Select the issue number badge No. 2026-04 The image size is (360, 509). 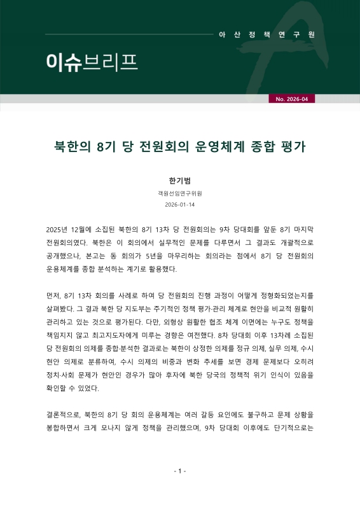291,99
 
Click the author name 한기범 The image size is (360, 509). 179,180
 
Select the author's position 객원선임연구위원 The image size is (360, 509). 179,193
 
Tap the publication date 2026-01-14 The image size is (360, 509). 179,205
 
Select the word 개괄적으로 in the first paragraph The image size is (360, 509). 291,242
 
